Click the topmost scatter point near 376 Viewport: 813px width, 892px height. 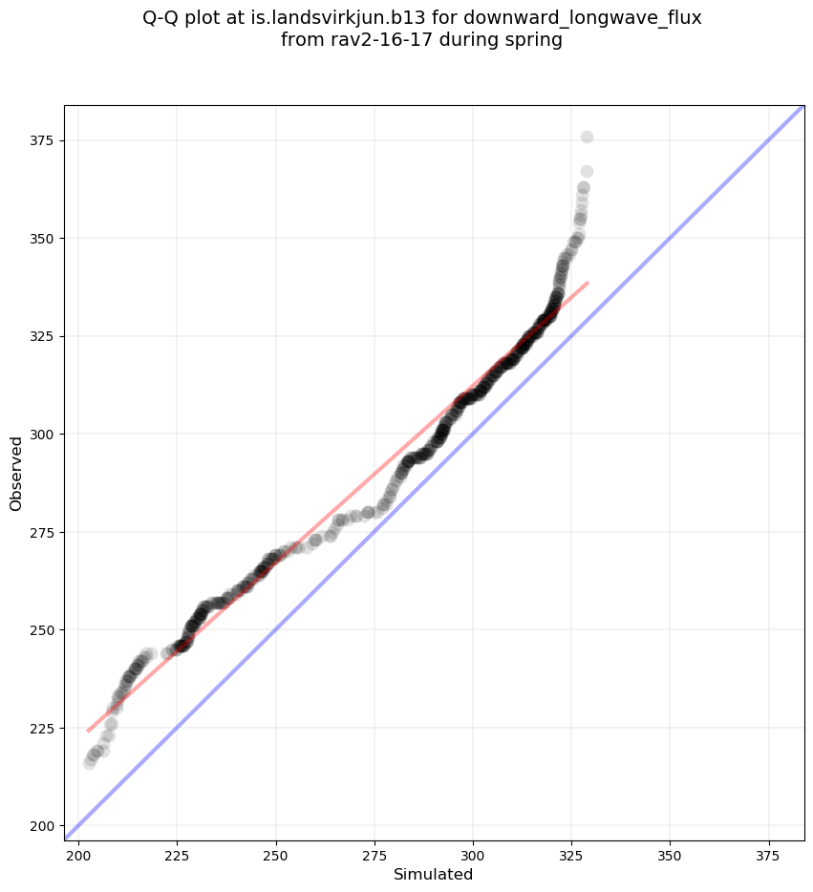tap(587, 138)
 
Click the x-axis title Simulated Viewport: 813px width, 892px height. tap(434, 874)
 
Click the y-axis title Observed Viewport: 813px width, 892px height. tap(16, 473)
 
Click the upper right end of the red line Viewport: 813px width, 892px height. tap(588, 283)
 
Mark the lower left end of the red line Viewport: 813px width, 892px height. tap(88, 732)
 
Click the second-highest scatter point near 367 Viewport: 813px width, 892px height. tap(587, 172)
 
